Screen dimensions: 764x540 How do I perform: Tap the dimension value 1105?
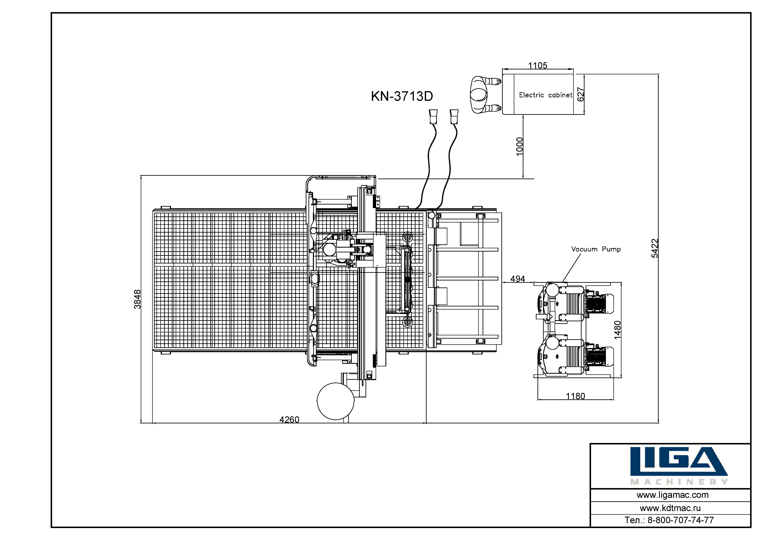[x=538, y=65]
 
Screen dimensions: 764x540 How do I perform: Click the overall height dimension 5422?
[x=655, y=248]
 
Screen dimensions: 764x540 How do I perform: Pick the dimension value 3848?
[x=137, y=299]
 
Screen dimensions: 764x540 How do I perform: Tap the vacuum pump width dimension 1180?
[x=575, y=396]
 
